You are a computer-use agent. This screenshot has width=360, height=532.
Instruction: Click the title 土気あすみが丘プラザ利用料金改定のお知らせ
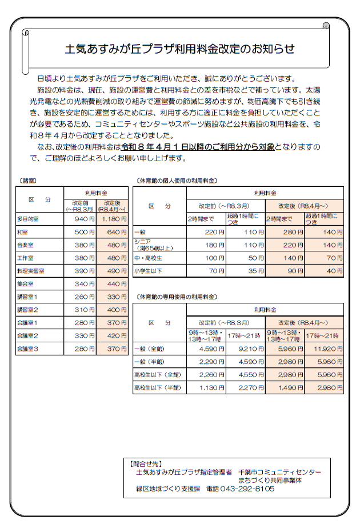point(180,50)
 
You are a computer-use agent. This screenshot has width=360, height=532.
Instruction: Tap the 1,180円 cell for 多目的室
point(113,219)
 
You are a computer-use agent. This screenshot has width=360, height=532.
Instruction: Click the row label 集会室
point(26,283)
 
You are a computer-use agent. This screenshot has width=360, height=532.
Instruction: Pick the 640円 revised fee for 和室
point(113,232)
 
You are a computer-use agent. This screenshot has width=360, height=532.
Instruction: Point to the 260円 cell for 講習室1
point(81,297)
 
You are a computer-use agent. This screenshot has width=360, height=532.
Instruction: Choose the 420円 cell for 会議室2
point(113,335)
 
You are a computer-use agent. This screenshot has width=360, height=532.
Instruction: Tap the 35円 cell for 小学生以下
point(246,271)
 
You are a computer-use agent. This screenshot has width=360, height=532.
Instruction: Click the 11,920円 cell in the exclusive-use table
point(324,349)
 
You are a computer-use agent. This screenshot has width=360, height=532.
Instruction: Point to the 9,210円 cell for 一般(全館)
point(246,349)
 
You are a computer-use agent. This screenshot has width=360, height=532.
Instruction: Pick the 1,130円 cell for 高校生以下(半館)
point(206,388)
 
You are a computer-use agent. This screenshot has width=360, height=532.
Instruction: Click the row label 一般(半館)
point(151,362)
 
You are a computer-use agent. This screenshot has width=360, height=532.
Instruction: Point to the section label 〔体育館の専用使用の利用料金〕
point(177,297)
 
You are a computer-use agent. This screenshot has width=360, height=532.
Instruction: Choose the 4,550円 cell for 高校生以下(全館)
point(246,375)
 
